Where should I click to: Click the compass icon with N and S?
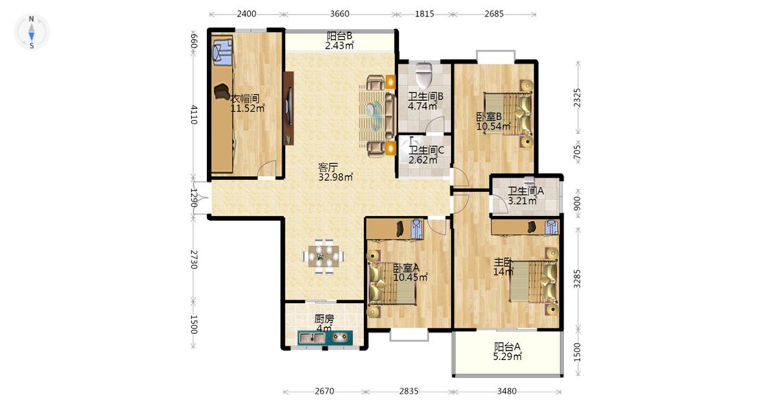point(32,32)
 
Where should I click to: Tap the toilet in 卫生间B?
point(423,74)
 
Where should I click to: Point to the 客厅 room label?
point(328,167)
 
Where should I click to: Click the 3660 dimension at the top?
point(339,14)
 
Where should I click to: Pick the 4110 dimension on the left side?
point(194,114)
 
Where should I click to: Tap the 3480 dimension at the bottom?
point(506,391)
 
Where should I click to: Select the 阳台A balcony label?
point(507,346)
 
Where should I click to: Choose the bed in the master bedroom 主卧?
point(535,281)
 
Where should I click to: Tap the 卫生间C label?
point(426,150)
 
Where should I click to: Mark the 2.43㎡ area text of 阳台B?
point(339,46)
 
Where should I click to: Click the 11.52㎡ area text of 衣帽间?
point(248,108)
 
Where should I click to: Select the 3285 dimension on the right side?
point(577,278)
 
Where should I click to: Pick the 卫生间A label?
point(526,191)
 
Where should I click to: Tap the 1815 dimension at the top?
point(424,14)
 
